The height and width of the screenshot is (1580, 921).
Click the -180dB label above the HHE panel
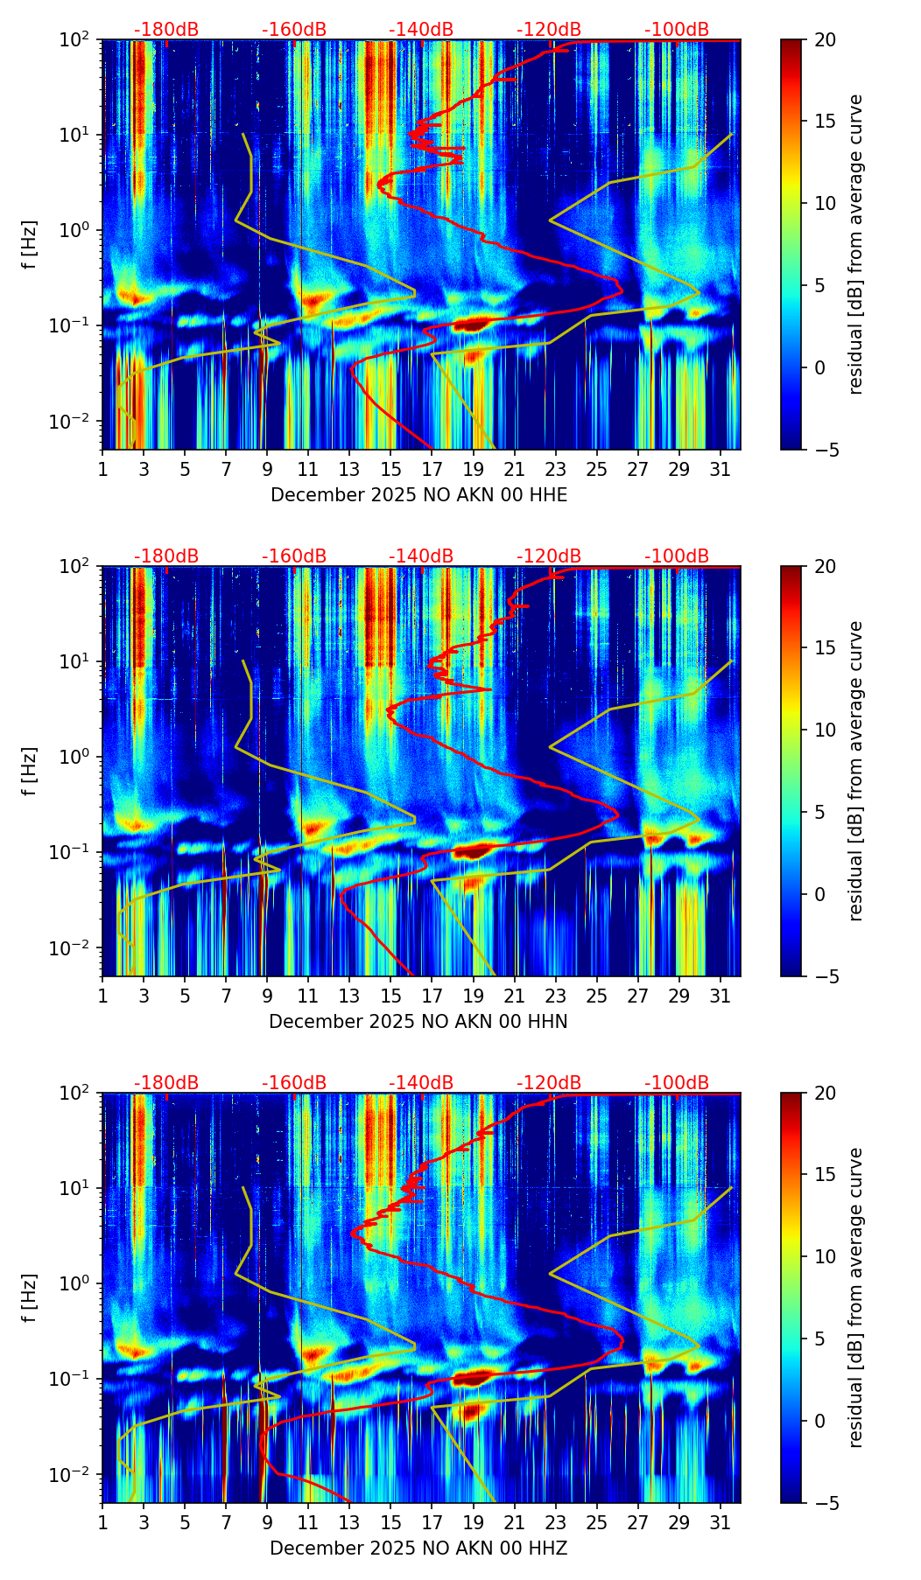166,30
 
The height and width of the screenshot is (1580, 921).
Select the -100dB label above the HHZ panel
677,1083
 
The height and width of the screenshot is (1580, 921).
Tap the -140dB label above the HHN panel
421,556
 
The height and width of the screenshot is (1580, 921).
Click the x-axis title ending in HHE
418,495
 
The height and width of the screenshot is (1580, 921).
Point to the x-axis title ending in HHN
418,1022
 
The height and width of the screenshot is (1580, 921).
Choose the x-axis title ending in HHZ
418,1549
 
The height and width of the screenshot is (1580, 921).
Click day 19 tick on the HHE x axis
473,469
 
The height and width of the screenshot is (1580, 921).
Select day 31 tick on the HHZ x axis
721,1522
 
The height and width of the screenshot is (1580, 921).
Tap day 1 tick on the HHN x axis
102,996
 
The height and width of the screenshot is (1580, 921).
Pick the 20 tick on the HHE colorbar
825,39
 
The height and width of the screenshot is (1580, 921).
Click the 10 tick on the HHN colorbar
825,730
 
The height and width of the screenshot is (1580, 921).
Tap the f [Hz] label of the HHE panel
30,245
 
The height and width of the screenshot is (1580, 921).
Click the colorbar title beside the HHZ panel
856,1297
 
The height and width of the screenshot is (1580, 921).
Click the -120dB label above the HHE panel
549,30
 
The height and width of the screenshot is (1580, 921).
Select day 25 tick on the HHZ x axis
597,1522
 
